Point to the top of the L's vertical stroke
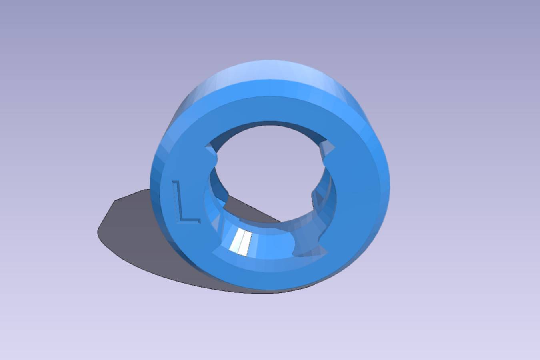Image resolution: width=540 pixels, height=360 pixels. coord(176,181)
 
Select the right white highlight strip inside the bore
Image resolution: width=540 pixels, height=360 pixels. coord(245,244)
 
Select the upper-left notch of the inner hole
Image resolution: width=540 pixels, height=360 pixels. coord(211,153)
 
